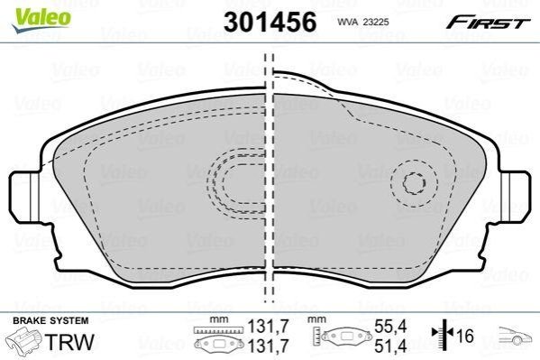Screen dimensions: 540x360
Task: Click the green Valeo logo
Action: [x=41, y=20]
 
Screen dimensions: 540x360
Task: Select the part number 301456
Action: [x=270, y=22]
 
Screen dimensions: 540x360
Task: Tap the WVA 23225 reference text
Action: [x=363, y=23]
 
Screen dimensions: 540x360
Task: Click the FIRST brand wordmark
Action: [x=488, y=23]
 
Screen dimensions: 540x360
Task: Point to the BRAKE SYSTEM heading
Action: [x=50, y=320]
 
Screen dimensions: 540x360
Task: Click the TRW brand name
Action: [x=69, y=342]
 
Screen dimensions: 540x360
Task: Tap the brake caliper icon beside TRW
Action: [x=25, y=341]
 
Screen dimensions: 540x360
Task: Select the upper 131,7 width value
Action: [x=269, y=327]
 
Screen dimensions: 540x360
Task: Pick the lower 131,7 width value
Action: [x=269, y=346]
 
